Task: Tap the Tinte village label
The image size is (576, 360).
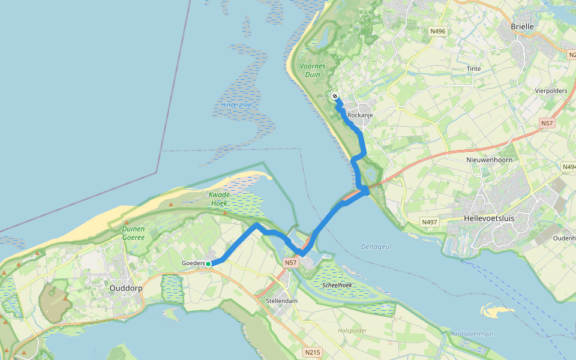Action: (473, 69)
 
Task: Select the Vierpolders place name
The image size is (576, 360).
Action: (550, 91)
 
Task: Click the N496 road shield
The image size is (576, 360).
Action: (437, 31)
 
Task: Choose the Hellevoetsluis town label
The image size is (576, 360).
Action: (490, 219)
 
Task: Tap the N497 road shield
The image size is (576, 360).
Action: (429, 222)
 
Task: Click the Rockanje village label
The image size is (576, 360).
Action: (361, 115)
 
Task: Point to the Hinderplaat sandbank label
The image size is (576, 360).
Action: (238, 104)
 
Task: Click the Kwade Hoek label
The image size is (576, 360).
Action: (220, 199)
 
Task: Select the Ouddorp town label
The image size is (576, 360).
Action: (125, 288)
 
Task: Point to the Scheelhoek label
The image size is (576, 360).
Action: (337, 285)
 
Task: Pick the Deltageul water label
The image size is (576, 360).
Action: (376, 247)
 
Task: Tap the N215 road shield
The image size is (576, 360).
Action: (311, 352)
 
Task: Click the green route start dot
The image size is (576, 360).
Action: (208, 264)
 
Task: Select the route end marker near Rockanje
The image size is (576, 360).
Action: (335, 96)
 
